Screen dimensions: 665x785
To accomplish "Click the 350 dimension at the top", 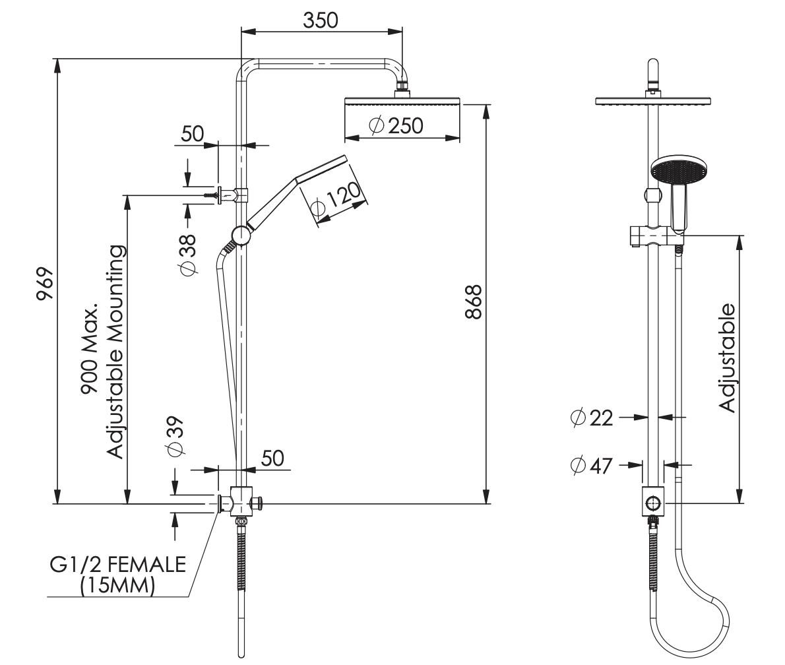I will coord(321,20).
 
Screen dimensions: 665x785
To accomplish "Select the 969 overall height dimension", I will coord(44,284).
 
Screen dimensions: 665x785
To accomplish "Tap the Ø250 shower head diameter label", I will coord(396,125).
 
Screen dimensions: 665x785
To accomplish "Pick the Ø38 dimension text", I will coord(188,254).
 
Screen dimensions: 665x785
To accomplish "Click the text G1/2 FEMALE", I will coord(118,565).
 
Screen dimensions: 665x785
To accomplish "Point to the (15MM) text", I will coord(117,586).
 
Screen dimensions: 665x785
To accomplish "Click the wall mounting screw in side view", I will coord(212,195).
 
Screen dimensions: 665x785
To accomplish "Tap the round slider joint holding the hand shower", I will coord(241,236).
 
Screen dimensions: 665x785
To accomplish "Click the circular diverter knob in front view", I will coord(653,504).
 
